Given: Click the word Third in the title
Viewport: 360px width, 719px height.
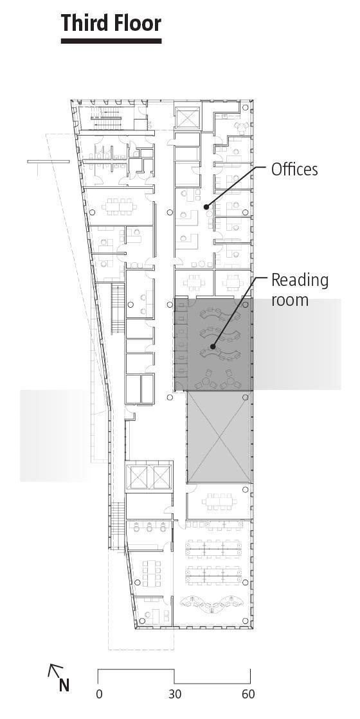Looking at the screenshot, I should point(83,24).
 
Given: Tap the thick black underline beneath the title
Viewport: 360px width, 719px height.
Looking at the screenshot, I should point(111,41).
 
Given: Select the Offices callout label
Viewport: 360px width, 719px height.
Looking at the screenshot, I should point(294,170).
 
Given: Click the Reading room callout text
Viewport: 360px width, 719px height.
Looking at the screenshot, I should point(299,290).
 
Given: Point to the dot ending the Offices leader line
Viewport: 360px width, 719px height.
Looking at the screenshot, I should point(206,207).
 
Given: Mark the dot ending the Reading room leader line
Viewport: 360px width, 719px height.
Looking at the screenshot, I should point(213,347).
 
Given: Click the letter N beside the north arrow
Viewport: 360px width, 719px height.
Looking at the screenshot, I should point(64,686).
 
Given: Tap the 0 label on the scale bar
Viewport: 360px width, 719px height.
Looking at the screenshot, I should point(99,695).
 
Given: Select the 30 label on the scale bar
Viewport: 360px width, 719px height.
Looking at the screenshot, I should point(174,695).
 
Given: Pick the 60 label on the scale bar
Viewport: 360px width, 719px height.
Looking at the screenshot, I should point(248,695).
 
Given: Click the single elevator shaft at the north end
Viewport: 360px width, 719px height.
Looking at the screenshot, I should point(187,119).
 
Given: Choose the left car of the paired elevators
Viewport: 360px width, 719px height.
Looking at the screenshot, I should point(138,477).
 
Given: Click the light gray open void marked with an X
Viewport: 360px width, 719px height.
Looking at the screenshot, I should point(219,438).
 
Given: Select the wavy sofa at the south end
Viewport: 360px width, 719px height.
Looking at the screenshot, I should point(210,605).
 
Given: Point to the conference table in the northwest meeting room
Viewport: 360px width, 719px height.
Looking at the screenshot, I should point(120,206).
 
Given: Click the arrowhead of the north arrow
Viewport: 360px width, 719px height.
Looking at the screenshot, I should point(51,668).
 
